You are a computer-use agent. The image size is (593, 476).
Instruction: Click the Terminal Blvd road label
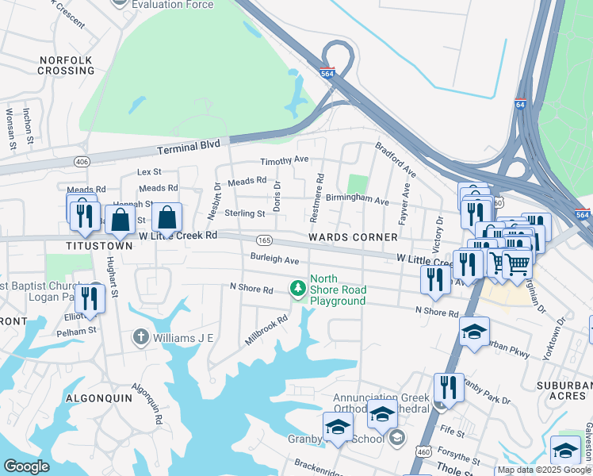(x=187, y=149)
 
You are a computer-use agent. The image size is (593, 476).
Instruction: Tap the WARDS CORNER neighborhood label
(x=353, y=237)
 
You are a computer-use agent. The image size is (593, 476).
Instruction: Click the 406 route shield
(x=82, y=162)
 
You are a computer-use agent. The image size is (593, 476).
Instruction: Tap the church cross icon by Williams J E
(x=141, y=337)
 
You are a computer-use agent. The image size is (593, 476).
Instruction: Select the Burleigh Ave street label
(x=274, y=260)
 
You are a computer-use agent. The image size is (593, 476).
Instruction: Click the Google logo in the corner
(x=27, y=466)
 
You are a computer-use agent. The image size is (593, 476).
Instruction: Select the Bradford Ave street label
(x=396, y=159)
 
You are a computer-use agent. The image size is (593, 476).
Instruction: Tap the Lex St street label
(x=149, y=171)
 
